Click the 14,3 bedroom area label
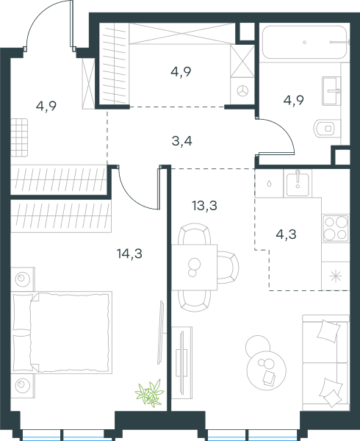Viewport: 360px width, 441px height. (129, 254)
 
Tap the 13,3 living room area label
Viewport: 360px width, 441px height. (204, 206)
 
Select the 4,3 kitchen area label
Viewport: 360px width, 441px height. (286, 234)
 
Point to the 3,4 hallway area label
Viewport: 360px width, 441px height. (181, 141)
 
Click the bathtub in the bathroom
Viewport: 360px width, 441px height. (305, 42)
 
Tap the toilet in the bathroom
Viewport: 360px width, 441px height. (327, 129)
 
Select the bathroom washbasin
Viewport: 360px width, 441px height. (331, 90)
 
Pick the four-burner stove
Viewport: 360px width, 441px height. (336, 228)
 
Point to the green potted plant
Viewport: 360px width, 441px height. (149, 393)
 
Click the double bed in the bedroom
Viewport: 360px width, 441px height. (62, 332)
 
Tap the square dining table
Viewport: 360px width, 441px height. (194, 268)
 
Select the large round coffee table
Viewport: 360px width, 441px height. (267, 370)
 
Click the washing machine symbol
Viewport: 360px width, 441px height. (242, 91)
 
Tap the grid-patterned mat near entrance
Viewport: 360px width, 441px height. (19, 137)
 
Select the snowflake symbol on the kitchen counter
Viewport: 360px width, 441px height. (336, 276)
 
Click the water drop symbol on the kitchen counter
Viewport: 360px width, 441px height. (269, 184)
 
